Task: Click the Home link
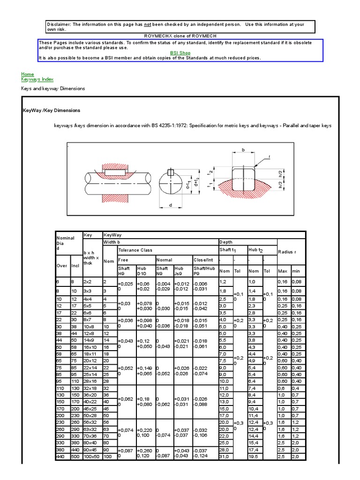(x=28, y=74)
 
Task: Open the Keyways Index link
(x=34, y=80)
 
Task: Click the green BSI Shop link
(x=180, y=53)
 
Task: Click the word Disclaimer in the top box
(x=59, y=24)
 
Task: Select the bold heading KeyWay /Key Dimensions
(x=52, y=111)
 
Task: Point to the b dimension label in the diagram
(x=243, y=150)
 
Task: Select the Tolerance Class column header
(x=135, y=250)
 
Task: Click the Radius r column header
(x=287, y=252)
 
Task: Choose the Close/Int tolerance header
(x=203, y=260)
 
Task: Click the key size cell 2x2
(x=88, y=282)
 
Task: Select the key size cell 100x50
(x=91, y=456)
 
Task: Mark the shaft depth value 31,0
(x=225, y=456)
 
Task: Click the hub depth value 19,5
(x=254, y=456)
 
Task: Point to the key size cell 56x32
(x=90, y=422)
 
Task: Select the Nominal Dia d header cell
(x=66, y=242)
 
